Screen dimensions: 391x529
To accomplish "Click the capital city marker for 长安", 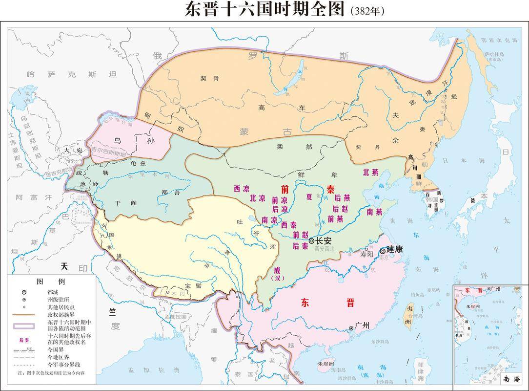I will click(311, 240).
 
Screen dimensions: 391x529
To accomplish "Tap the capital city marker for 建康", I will click(383, 250).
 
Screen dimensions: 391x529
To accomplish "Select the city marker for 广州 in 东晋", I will click(351, 327).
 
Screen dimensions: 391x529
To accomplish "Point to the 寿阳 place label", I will click(367, 255).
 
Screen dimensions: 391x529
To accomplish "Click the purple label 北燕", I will click(370, 172).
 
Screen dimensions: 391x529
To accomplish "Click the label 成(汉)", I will click(277, 273).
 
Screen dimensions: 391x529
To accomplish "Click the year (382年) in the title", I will click(367, 11).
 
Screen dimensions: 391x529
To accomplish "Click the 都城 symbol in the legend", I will click(23, 292).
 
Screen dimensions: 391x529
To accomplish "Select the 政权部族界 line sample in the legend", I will click(23, 315).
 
